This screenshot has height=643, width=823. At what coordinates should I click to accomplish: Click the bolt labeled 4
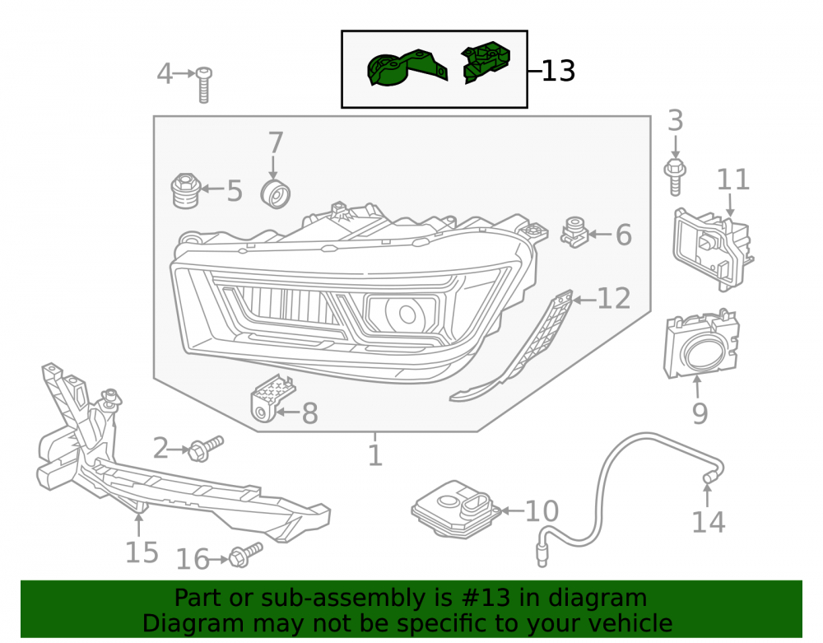click(203, 85)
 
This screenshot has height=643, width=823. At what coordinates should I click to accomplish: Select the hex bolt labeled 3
click(675, 176)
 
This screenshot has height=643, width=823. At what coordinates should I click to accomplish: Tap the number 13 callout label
click(558, 71)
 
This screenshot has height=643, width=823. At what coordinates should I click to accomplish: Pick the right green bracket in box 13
click(486, 62)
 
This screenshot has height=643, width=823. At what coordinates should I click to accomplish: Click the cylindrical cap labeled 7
click(276, 193)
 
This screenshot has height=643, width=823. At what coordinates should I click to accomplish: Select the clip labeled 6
click(575, 232)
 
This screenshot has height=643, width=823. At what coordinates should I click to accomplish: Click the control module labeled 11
click(713, 249)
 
